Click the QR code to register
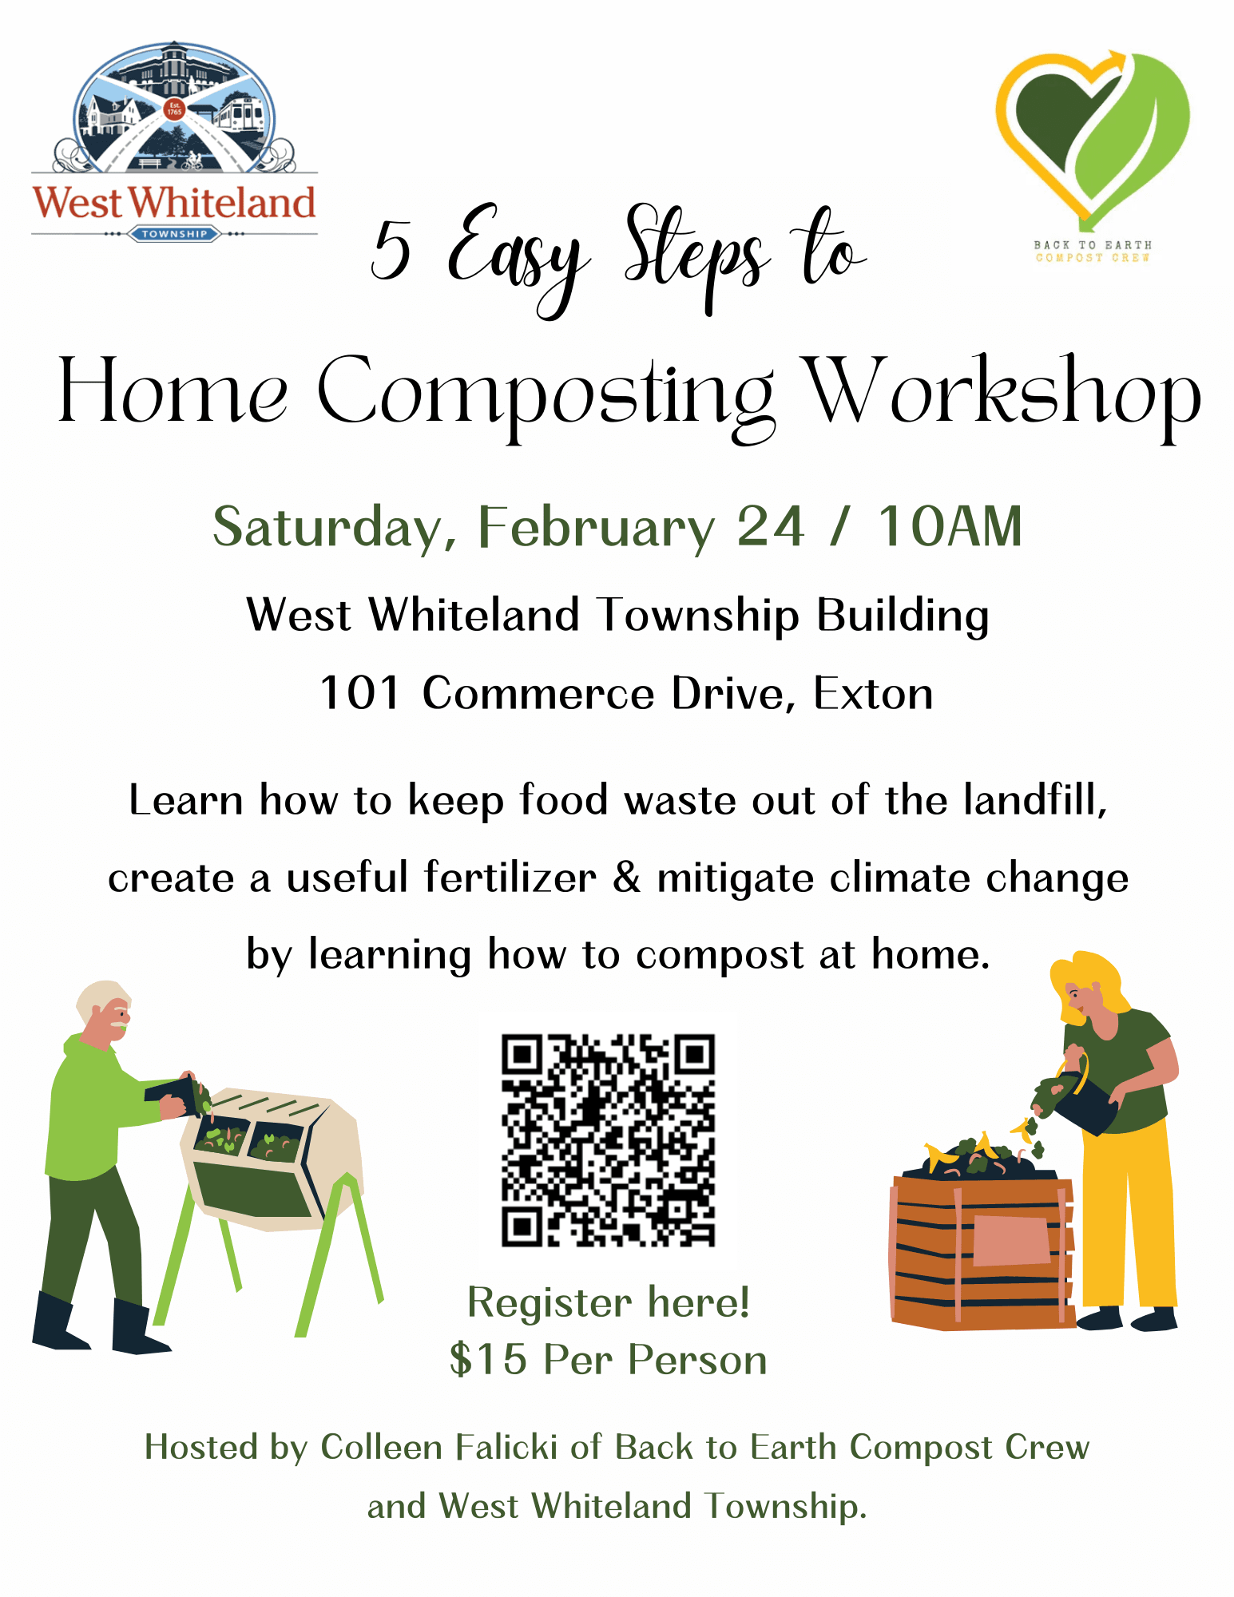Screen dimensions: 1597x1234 coord(608,1139)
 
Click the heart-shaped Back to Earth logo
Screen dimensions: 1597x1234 coord(1092,136)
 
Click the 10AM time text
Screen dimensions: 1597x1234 coord(950,527)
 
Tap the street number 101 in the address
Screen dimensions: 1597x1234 coord(359,693)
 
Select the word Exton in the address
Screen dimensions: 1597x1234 coord(873,693)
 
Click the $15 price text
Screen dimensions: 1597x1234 coord(488,1359)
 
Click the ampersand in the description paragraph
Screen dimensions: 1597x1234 coord(627,877)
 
